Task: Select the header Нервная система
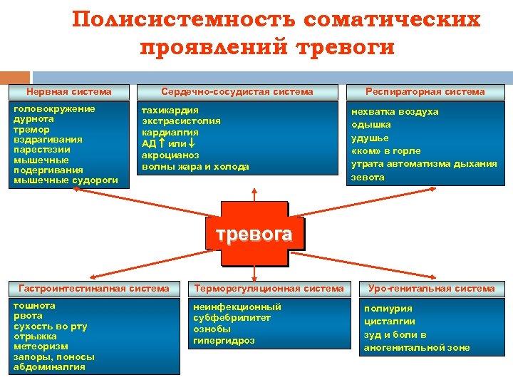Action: coord(69,91)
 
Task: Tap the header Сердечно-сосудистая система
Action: coord(237,91)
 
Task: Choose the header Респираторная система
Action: coord(425,91)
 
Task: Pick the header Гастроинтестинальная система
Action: coord(94,289)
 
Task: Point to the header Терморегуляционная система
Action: coord(270,289)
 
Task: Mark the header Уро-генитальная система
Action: coord(432,289)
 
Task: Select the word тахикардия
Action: coord(170,110)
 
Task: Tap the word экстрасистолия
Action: coord(182,121)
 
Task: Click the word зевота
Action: coord(368,178)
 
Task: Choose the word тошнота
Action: coord(34,305)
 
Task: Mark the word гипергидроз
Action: coord(224,341)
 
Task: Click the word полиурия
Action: coord(388,309)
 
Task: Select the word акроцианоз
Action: coord(171,155)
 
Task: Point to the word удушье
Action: coord(370,138)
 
